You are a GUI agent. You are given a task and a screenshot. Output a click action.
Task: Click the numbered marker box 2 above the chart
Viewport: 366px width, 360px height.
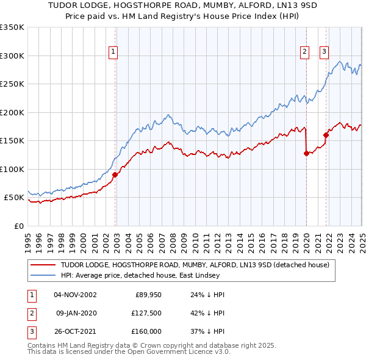[304, 52]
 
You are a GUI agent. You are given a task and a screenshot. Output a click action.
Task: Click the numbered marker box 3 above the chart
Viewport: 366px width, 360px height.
[324, 52]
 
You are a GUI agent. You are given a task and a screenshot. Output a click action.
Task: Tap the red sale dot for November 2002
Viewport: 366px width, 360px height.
[115, 175]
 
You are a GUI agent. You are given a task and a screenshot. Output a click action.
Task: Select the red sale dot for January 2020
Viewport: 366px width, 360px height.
[306, 154]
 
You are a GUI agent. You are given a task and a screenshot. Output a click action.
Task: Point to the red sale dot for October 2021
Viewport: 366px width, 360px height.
[326, 135]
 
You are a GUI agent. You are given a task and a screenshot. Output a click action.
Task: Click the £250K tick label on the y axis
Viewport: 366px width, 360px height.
[12, 84]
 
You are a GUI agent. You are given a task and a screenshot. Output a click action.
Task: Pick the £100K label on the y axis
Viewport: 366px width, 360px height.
[12, 169]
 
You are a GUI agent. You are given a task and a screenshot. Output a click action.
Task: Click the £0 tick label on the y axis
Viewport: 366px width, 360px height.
[20, 226]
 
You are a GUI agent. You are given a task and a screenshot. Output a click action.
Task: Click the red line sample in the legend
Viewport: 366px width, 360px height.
[43, 265]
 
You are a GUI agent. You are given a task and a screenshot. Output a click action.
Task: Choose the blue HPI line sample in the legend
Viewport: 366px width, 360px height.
[43, 275]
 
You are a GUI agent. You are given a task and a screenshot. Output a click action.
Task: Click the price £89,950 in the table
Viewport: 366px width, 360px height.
[147, 295]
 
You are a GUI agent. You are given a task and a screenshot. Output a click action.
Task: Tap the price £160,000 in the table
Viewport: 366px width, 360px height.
[147, 331]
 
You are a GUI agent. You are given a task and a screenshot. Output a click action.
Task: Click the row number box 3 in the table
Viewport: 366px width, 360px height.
[31, 331]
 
